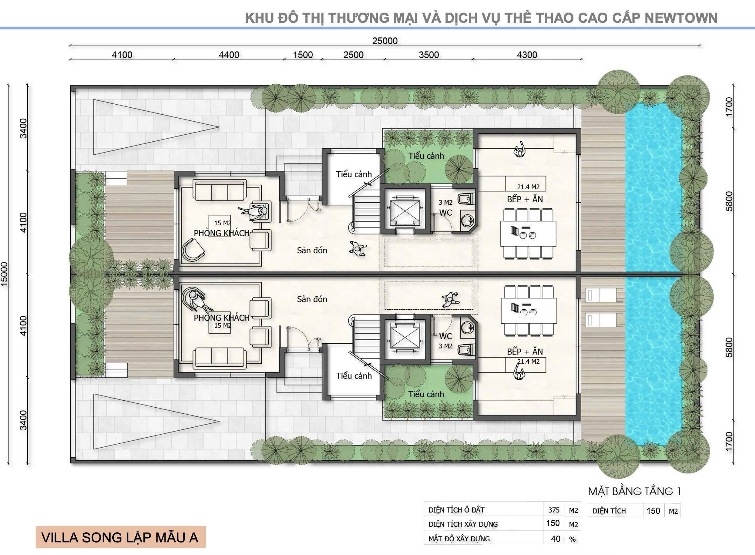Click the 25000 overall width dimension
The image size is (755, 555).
click(x=384, y=41)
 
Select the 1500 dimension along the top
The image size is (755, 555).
click(x=303, y=55)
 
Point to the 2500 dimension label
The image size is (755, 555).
click(x=353, y=55)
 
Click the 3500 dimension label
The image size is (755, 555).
click(x=429, y=55)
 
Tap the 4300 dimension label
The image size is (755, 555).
click(x=527, y=55)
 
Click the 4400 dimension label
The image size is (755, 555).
click(x=229, y=55)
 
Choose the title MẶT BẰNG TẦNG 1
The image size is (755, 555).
click(x=634, y=491)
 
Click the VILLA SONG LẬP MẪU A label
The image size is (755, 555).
click(x=120, y=538)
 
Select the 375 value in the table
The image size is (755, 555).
click(x=553, y=510)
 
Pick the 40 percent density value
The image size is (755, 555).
click(x=556, y=539)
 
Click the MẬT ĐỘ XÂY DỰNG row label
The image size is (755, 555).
click(x=459, y=539)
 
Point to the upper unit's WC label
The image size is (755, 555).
click(x=446, y=213)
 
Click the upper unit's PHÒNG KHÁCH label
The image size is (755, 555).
click(x=222, y=233)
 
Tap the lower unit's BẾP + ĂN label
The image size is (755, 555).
click(x=525, y=352)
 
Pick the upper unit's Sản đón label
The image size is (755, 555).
click(x=312, y=250)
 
